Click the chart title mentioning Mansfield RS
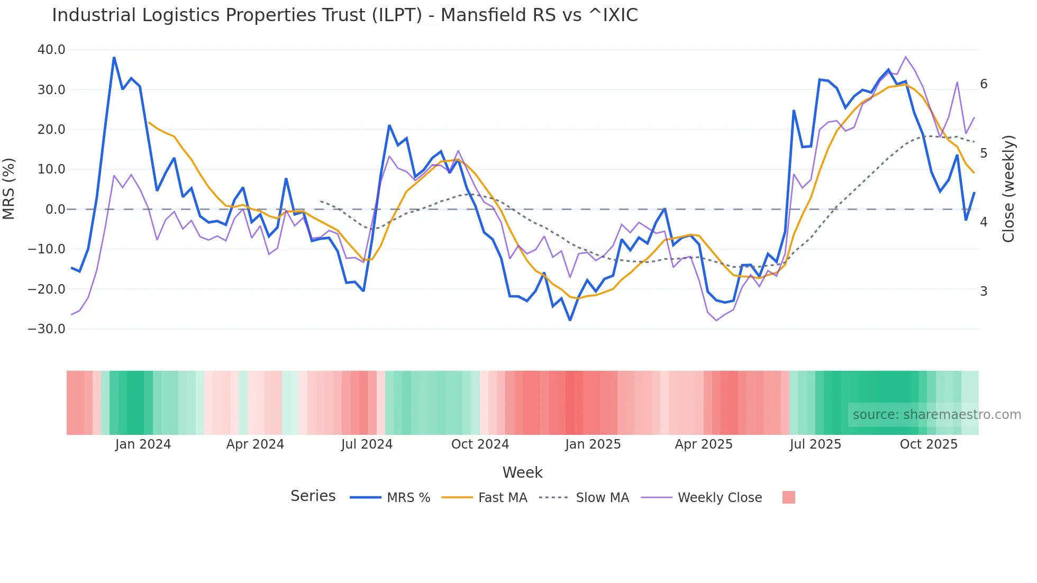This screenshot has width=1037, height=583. [345, 15]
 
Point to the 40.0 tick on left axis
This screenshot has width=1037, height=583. [51, 50]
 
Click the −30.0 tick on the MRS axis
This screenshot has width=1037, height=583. [47, 329]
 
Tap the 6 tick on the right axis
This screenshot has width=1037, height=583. [984, 84]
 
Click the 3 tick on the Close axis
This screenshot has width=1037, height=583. [984, 291]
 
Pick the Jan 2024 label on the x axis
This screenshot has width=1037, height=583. [143, 444]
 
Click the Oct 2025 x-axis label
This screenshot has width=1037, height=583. [929, 444]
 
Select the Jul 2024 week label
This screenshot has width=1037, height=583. [367, 444]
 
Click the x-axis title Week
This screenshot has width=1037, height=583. [522, 472]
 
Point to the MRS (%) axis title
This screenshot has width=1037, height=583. [9, 188]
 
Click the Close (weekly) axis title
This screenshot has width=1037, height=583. [1009, 188]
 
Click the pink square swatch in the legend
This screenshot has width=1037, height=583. [788, 497]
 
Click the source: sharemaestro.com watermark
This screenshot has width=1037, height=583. [936, 415]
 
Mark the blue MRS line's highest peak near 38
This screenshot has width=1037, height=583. [114, 57]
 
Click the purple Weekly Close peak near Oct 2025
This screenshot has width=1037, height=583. [905, 57]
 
